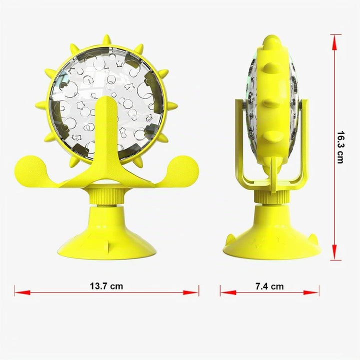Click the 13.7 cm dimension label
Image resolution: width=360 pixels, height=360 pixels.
click(106, 286)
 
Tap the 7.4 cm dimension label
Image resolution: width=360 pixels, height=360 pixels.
click(269, 286)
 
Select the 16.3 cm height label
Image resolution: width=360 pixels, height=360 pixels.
click(340, 147)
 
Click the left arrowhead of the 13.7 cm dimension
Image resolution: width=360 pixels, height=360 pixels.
click(22, 292)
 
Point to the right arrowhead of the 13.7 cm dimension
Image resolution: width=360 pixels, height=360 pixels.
click(190, 292)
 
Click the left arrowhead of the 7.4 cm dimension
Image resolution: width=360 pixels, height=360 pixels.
click(228, 292)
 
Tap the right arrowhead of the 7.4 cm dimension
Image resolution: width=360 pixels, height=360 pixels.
click(311, 292)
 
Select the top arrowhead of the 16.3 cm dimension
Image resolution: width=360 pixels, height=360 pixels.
click(334, 42)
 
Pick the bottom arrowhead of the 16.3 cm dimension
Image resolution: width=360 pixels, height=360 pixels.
click(334, 252)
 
